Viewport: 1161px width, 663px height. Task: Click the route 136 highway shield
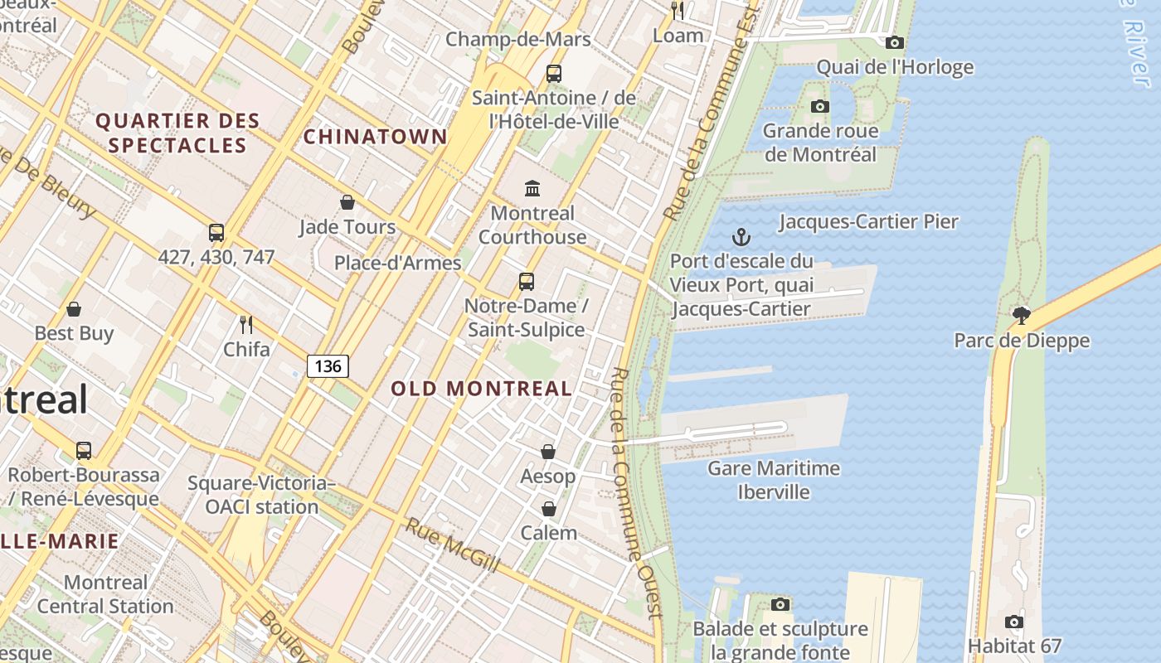pos(328,365)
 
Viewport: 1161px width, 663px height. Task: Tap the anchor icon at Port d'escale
pos(741,238)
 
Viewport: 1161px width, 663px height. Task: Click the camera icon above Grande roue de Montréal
pos(819,106)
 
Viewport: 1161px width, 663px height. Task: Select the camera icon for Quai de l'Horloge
pos(894,42)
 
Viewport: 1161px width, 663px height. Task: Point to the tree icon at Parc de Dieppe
pos(1021,315)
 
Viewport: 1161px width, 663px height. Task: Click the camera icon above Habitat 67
pos(1013,622)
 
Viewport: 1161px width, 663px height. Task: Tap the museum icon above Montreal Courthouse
pos(532,188)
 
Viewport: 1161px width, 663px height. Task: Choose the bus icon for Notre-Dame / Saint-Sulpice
pos(527,281)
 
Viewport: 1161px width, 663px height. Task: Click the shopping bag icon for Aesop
pos(548,452)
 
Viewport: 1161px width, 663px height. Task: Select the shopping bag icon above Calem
pos(548,508)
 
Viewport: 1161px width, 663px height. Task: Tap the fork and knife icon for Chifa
pos(245,324)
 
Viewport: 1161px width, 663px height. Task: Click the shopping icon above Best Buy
pos(74,309)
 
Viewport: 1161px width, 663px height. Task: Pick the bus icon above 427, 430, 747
pos(216,233)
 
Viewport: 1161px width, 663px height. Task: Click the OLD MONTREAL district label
pos(481,388)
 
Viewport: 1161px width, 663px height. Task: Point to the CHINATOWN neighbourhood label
pos(375,137)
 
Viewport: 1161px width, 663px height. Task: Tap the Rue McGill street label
pos(453,545)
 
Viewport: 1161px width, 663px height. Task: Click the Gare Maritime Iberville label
pos(773,480)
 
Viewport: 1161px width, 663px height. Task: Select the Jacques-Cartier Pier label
pos(868,221)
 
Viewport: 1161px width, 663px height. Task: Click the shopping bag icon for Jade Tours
pos(347,202)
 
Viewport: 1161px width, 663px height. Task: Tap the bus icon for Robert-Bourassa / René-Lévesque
pos(84,451)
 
